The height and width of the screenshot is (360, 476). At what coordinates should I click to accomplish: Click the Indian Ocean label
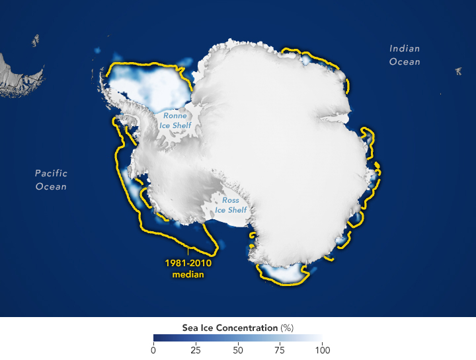(405, 55)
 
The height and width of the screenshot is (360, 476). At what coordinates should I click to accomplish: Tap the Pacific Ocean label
(51, 180)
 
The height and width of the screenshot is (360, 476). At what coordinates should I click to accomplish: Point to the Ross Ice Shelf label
(231, 205)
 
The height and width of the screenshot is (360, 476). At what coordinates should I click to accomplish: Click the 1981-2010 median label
(188, 268)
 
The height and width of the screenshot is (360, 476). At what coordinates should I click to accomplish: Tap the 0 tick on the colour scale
(153, 349)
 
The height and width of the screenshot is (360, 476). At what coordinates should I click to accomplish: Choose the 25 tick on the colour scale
(196, 349)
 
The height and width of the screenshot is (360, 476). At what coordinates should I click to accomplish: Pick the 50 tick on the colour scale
(238, 349)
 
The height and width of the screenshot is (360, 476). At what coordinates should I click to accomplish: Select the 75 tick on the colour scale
(280, 349)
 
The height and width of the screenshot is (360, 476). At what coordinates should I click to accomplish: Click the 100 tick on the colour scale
(321, 349)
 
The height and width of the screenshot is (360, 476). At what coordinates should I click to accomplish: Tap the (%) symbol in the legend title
(286, 328)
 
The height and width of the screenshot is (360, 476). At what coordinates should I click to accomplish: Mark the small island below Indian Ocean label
(458, 71)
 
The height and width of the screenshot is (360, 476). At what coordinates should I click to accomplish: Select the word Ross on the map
(231, 199)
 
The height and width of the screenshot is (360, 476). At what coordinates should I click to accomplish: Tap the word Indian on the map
(405, 48)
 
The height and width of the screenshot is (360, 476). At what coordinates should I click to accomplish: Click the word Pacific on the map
(51, 173)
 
